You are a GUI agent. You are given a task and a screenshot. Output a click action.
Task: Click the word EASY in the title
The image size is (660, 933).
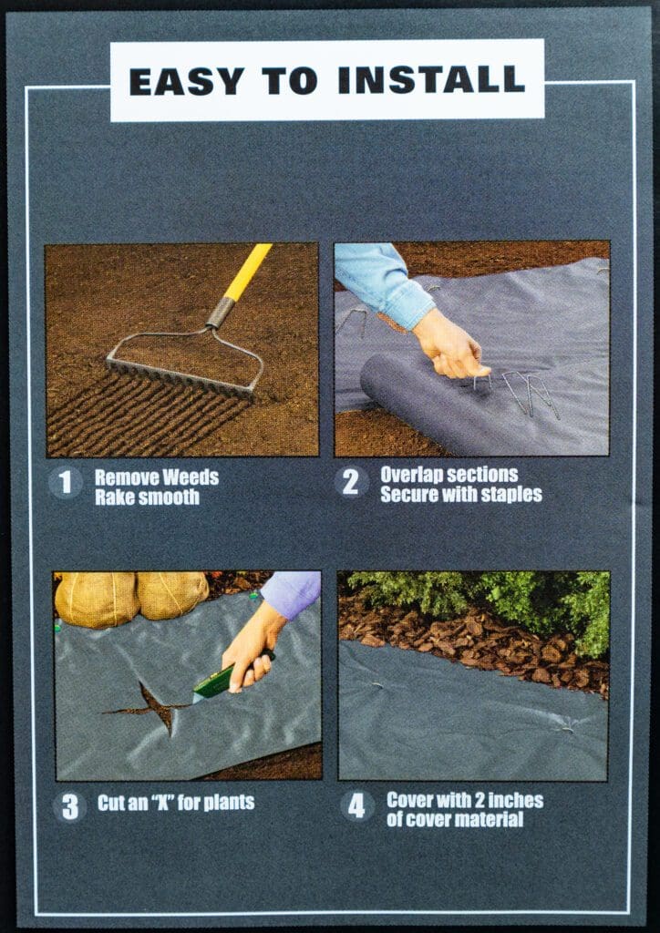click(x=187, y=81)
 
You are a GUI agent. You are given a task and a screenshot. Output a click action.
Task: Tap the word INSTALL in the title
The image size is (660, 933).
click(x=431, y=81)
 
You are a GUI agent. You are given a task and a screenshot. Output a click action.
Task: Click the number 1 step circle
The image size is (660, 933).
click(x=65, y=482)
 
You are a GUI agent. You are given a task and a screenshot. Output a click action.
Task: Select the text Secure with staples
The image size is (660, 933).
click(x=460, y=495)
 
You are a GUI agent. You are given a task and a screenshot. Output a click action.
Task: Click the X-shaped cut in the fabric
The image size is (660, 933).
click(x=150, y=704)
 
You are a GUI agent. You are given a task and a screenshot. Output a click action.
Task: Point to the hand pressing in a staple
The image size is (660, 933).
click(x=449, y=346)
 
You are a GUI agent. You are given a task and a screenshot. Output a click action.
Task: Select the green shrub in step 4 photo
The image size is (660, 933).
click(x=510, y=597)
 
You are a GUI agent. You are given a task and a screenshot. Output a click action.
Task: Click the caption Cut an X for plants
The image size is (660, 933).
click(x=175, y=803)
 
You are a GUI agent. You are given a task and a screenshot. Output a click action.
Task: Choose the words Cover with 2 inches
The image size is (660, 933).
click(x=464, y=800)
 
